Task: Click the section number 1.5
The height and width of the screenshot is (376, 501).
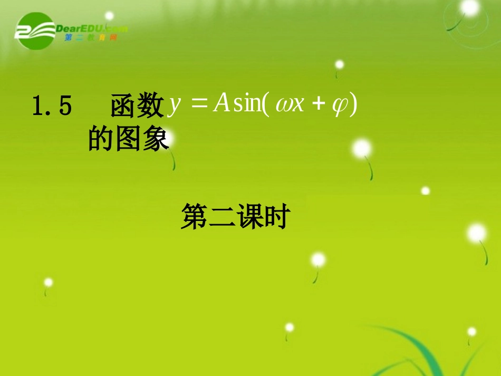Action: (52, 107)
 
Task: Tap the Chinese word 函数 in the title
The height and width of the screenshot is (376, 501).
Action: (137, 107)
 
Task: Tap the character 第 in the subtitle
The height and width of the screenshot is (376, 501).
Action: (194, 217)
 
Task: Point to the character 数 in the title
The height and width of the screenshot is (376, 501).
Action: (151, 107)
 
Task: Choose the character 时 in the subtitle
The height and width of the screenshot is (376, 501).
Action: (275, 217)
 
